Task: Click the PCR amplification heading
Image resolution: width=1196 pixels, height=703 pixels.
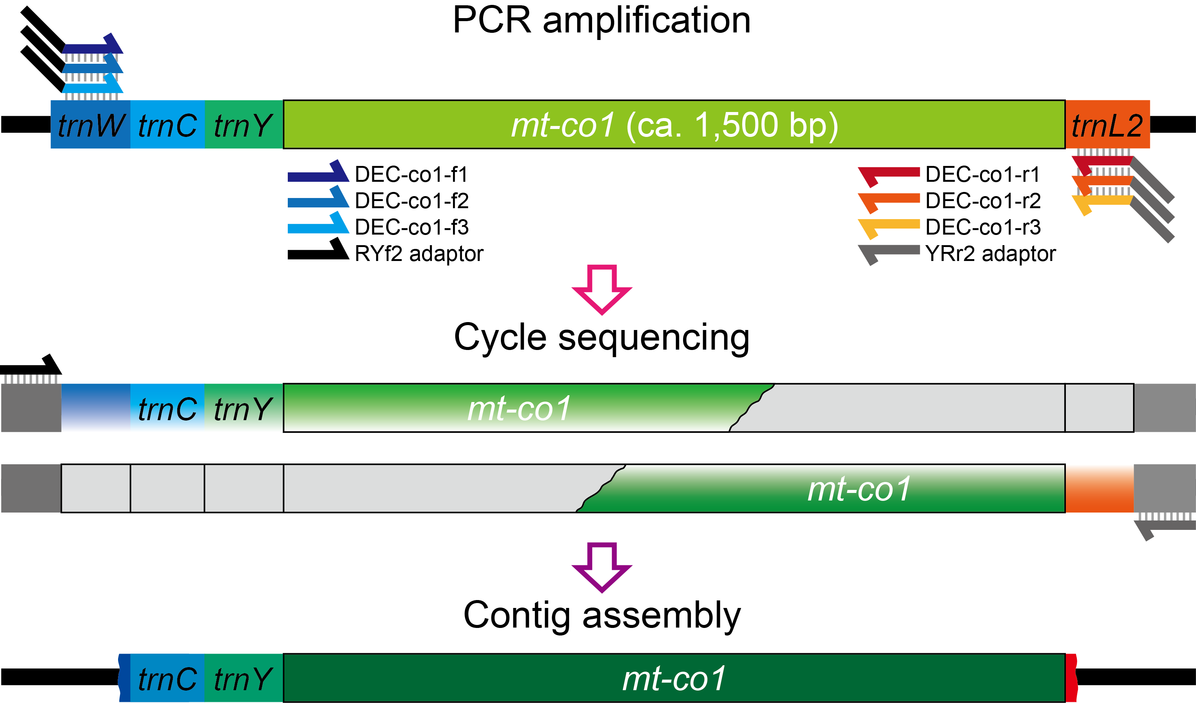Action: click(602, 21)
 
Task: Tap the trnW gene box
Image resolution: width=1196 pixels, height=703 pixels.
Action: click(91, 124)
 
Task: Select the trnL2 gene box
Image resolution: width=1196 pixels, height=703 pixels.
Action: click(1107, 124)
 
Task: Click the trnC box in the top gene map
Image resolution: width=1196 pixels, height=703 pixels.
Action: click(167, 124)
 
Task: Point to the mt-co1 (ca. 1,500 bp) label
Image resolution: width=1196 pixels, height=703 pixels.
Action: click(674, 125)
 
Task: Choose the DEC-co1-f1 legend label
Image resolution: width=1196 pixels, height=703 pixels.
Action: click(411, 174)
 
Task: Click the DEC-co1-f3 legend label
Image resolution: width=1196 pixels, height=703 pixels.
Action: click(412, 227)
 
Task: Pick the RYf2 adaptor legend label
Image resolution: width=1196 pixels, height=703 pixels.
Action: click(419, 253)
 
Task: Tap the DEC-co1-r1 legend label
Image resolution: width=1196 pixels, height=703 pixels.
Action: click(983, 174)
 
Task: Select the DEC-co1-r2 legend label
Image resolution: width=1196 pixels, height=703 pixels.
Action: click(983, 201)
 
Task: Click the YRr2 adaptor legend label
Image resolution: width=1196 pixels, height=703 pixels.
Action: click(990, 253)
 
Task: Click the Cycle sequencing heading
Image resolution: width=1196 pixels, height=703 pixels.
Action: click(602, 338)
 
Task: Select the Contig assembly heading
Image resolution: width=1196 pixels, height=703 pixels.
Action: click(602, 616)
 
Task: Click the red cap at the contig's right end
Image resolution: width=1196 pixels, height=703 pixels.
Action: click(1071, 678)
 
